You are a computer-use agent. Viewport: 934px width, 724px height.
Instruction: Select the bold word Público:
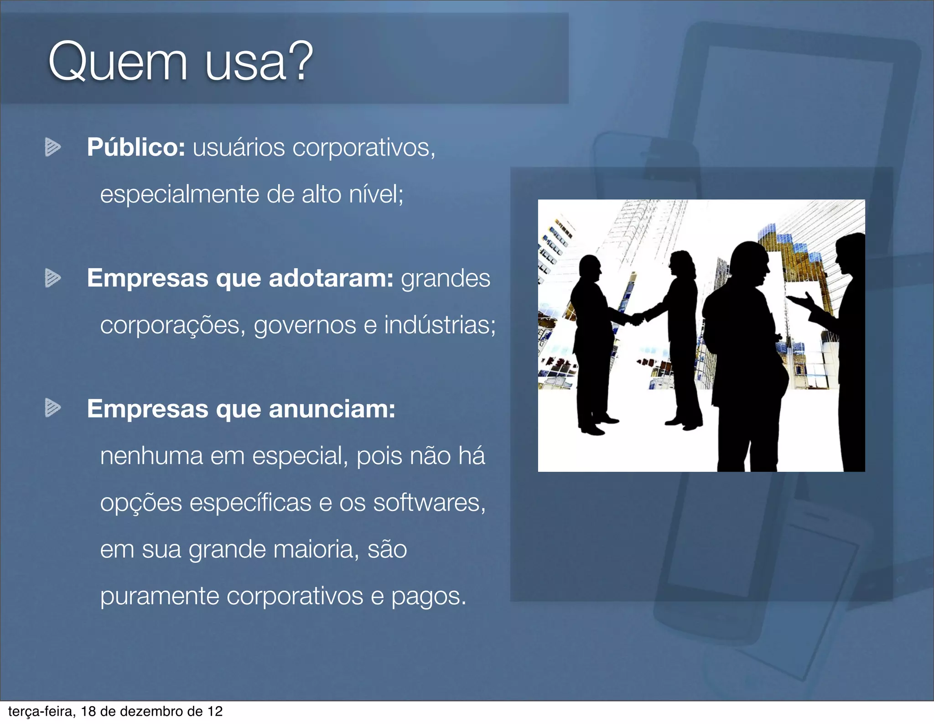click(x=136, y=147)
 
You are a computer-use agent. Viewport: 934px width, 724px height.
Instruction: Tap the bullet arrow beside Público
click(x=52, y=147)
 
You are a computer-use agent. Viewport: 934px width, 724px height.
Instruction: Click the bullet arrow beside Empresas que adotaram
click(x=52, y=278)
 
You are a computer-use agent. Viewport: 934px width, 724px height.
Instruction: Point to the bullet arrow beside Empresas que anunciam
click(x=52, y=407)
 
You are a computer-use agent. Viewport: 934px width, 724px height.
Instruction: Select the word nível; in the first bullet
click(x=376, y=194)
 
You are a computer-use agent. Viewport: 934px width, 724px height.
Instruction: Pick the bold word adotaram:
click(x=331, y=278)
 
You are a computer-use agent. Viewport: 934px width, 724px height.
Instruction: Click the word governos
click(x=305, y=326)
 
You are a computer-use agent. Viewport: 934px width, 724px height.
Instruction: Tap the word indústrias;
click(x=440, y=325)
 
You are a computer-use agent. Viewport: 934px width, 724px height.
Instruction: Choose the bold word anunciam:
click(x=332, y=409)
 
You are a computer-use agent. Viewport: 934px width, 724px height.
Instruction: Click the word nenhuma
click(x=151, y=456)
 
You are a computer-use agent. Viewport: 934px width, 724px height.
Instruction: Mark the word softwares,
click(x=429, y=502)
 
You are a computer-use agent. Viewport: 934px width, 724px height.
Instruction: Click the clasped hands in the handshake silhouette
click(x=637, y=318)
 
